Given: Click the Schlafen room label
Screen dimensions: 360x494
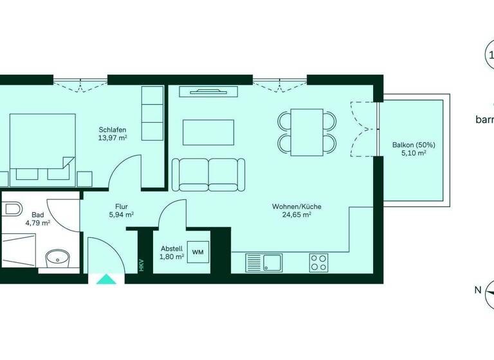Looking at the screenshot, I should (x=111, y=129).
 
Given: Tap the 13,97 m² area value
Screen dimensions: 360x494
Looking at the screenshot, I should (x=112, y=138).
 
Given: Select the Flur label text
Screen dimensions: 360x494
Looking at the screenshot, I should (x=121, y=206).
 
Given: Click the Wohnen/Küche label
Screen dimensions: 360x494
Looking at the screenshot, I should (x=296, y=206).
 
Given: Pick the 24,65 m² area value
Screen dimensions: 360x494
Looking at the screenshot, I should (x=296, y=215).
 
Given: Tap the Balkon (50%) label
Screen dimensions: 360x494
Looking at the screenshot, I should (x=414, y=145).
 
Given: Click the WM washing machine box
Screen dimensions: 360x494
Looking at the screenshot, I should (x=198, y=251).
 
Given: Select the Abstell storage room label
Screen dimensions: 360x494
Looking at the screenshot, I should (x=171, y=248).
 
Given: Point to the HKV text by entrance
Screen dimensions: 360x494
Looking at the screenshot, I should (x=142, y=265).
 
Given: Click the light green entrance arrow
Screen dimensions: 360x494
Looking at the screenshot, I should (x=103, y=279).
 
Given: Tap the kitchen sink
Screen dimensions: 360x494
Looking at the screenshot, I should (x=271, y=262).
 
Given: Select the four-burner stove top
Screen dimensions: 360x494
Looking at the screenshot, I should (x=318, y=262).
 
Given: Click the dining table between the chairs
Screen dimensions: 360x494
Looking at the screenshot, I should (x=307, y=132).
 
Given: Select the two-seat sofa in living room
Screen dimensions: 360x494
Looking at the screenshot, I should (x=209, y=174).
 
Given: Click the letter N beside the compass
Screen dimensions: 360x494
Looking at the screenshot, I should (x=477, y=290).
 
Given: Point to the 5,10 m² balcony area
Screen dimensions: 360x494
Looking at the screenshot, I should (x=414, y=154).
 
